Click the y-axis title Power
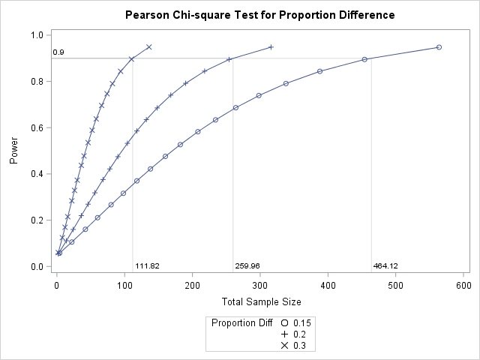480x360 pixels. (13, 150)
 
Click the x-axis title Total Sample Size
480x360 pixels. (262, 301)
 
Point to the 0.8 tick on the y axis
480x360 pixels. (36, 81)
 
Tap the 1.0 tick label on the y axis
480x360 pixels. (36, 35)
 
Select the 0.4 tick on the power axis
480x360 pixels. (36, 174)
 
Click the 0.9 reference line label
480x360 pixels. (58, 52)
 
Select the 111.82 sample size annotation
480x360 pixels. (147, 266)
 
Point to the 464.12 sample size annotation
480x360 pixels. (385, 266)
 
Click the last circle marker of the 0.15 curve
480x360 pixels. (439, 47)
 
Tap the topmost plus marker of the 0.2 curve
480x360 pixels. (271, 47)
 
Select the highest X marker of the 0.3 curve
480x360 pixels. (149, 47)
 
